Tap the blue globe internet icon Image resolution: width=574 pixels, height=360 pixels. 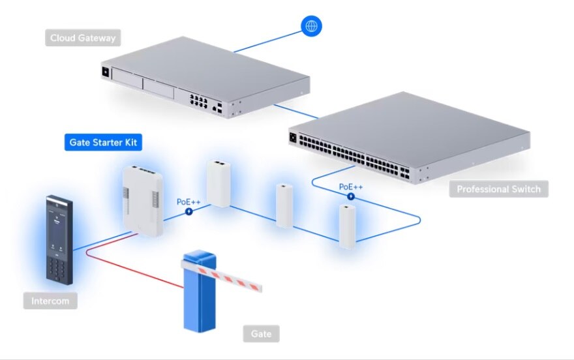pos(311,25)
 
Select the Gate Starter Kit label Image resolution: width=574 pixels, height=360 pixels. pos(103,142)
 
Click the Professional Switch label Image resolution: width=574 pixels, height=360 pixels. pos(498,189)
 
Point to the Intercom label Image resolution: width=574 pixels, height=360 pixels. pos(54,301)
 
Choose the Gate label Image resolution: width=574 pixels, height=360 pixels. pos(262,334)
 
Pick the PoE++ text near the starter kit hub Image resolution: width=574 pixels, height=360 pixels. pos(189,202)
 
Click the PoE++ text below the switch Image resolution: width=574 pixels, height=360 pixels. pos(350,187)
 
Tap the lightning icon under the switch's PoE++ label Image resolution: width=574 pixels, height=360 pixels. pos(350,196)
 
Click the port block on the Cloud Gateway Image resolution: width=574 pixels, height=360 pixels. pos(198,100)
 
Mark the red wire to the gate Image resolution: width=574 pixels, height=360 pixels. pos(130,268)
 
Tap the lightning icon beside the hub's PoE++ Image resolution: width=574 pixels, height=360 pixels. pos(189,211)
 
